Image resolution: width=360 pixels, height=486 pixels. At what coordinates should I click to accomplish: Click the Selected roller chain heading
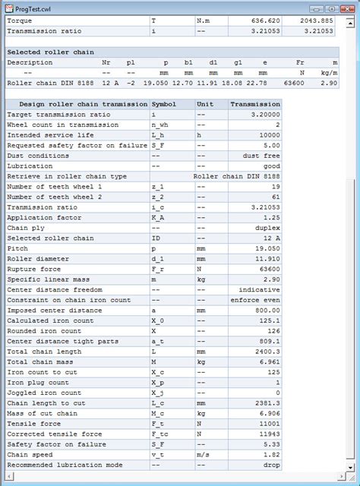[51, 52]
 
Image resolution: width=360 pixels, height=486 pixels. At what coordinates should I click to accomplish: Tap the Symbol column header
[166, 104]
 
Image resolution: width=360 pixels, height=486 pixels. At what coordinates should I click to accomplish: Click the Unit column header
[204, 104]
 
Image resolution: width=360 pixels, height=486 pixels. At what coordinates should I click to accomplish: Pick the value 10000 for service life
[323, 134]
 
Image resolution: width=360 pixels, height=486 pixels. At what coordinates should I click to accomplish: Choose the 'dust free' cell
[318, 155]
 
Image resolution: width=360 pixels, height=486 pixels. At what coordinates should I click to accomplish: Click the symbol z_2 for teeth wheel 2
[158, 196]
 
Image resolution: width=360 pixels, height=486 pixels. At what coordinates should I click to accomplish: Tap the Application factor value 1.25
[325, 216]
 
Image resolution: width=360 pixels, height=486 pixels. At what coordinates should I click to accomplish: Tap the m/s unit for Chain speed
[201, 453]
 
